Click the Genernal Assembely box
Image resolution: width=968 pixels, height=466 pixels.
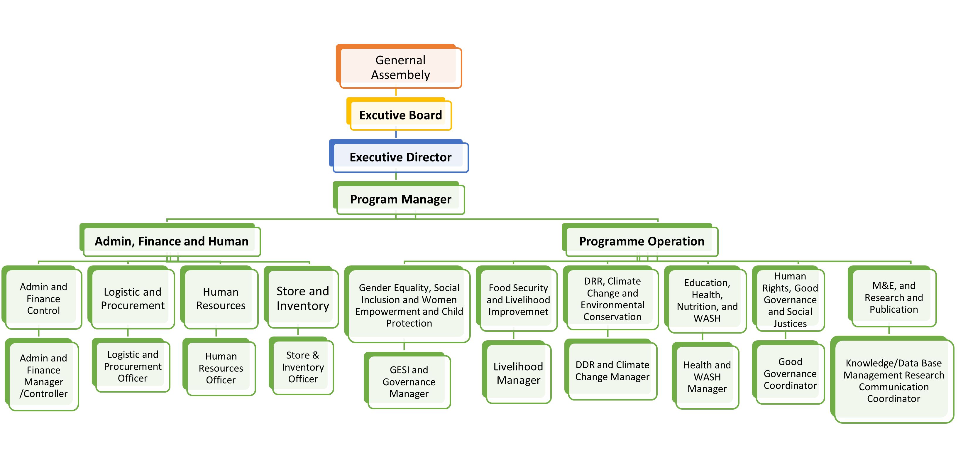(x=400, y=67)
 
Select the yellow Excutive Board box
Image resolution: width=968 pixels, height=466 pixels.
(x=400, y=115)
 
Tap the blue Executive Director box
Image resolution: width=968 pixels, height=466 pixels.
(x=400, y=157)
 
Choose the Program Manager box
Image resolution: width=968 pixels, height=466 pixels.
(x=400, y=199)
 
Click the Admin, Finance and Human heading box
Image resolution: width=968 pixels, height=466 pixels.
(x=171, y=241)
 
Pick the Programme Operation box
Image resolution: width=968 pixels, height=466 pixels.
(x=642, y=241)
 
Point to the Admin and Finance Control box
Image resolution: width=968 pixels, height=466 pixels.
(x=43, y=298)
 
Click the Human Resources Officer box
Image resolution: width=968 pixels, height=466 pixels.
(x=221, y=368)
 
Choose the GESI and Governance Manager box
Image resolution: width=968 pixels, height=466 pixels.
(x=409, y=381)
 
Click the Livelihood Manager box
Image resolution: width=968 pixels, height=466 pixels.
(x=518, y=373)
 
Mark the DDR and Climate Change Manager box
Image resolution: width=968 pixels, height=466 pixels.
(x=612, y=371)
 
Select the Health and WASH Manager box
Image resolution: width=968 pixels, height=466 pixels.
(x=707, y=376)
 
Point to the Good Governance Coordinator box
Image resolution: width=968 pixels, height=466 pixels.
(x=790, y=374)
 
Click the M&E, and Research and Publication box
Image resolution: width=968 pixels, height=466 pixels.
(x=893, y=297)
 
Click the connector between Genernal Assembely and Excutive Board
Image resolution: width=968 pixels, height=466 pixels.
(x=396, y=92)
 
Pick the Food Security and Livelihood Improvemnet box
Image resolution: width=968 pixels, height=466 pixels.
(x=518, y=300)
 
